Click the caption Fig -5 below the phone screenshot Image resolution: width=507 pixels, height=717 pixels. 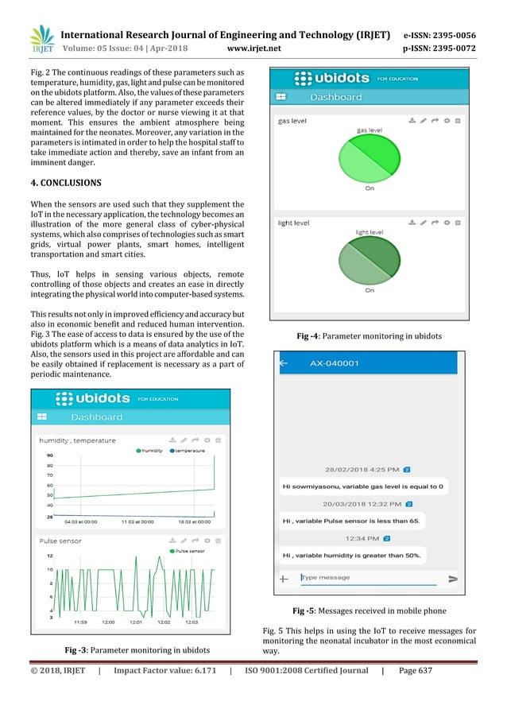click(x=369, y=610)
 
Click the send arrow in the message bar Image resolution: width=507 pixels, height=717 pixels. click(x=453, y=579)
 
